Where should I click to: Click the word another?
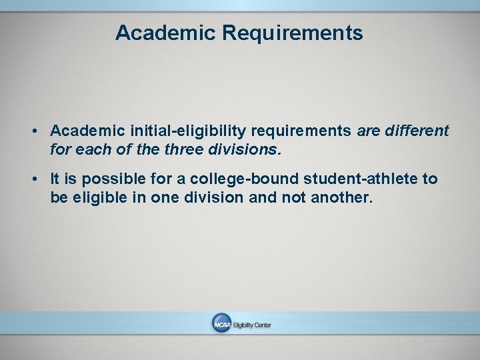[x=340, y=199]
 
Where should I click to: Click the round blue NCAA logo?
[x=221, y=324]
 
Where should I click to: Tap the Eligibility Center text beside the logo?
[x=252, y=325]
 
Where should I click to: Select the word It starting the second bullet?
[x=55, y=179]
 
